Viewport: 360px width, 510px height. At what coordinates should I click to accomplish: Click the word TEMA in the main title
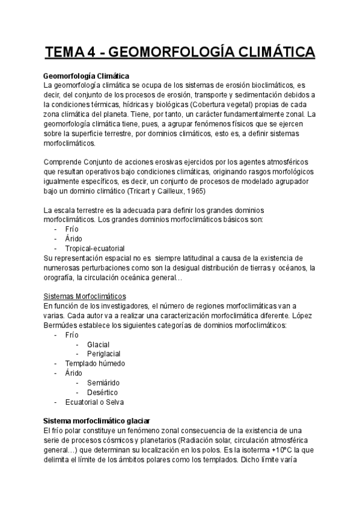click(65, 53)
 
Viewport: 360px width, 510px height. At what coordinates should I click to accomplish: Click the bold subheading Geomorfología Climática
click(87, 76)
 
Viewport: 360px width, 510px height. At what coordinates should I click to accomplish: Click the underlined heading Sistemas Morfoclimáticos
click(85, 296)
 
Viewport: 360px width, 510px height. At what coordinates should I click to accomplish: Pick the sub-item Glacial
click(98, 344)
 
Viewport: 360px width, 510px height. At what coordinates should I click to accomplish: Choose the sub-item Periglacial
click(103, 354)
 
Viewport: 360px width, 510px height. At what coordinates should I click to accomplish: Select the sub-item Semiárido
click(103, 382)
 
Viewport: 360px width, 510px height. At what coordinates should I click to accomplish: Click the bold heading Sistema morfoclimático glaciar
click(97, 421)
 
